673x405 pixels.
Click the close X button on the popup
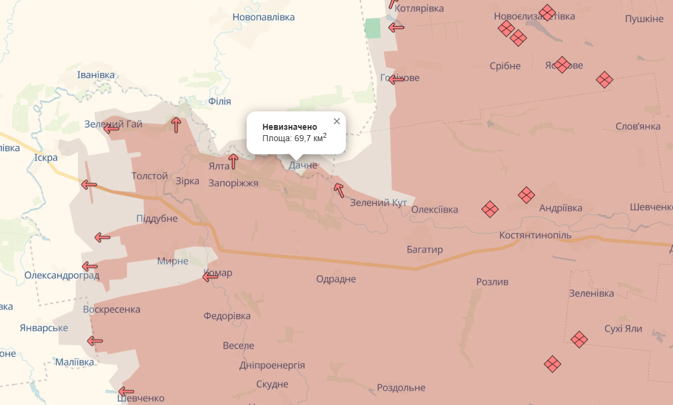point(337,121)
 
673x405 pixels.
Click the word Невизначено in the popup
point(290,127)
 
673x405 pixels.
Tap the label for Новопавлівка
point(264,17)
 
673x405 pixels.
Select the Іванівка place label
point(96,75)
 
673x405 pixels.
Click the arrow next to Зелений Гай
point(111,127)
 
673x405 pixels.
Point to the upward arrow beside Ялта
point(233,161)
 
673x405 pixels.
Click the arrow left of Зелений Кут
point(339,190)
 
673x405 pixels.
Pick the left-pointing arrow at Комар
point(210,276)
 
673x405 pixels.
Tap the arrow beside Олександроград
point(90,266)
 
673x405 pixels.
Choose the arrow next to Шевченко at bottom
point(126,391)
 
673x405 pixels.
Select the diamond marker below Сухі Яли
point(579,339)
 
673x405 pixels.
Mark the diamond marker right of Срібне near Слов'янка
point(605,79)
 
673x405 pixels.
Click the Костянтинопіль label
point(536,235)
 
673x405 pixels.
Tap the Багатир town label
point(425,250)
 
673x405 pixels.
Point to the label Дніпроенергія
point(272,365)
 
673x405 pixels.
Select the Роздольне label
point(401,388)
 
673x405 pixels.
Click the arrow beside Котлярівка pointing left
point(396,27)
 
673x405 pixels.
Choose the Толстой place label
point(149,176)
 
